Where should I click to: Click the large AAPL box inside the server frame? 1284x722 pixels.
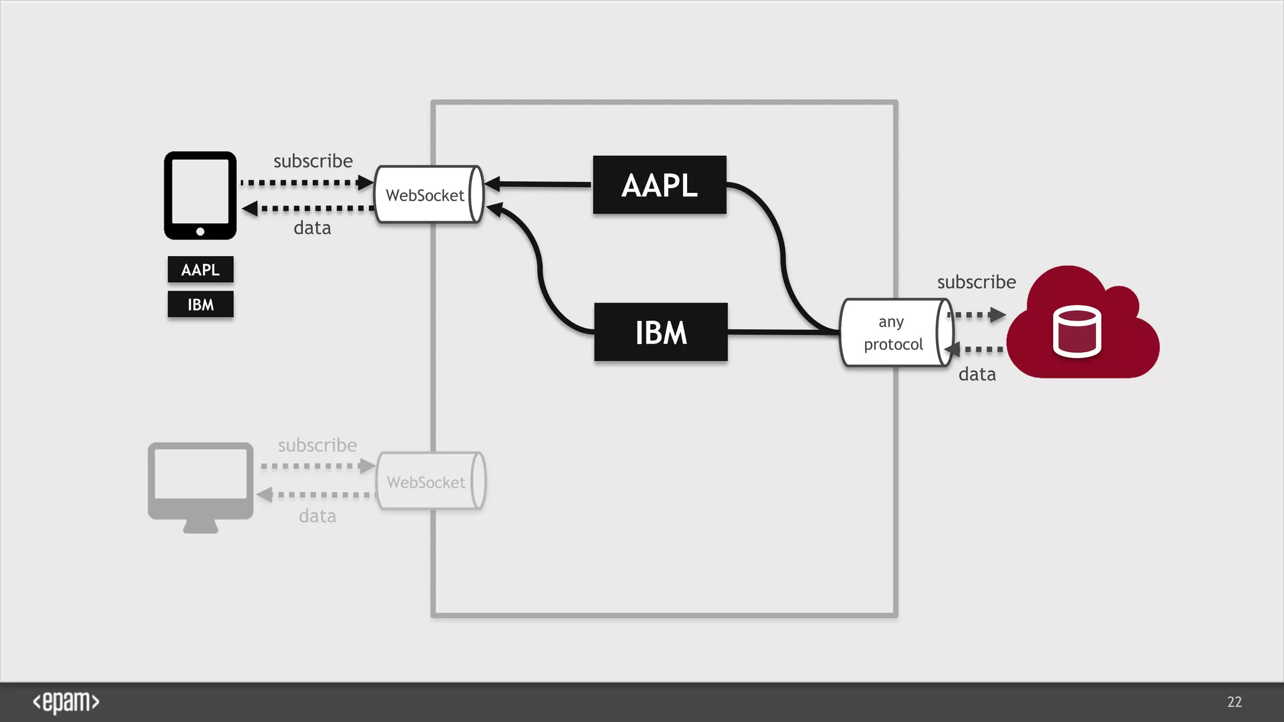point(660,185)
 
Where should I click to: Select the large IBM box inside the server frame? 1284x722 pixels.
point(661,332)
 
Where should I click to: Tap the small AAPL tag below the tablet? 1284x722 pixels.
point(201,269)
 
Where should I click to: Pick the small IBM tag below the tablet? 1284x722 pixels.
point(201,305)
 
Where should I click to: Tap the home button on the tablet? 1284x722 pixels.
point(200,231)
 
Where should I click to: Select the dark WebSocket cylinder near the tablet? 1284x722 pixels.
point(428,195)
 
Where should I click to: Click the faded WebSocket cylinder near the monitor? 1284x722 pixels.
point(429,481)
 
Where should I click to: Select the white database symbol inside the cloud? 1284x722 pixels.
point(1076,332)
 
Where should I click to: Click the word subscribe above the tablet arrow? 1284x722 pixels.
point(313,161)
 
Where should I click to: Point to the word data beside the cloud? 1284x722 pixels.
point(977,374)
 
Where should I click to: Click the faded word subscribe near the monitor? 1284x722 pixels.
point(317,445)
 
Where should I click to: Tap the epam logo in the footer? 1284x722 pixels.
point(66,702)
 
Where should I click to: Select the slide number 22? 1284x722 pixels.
point(1234,702)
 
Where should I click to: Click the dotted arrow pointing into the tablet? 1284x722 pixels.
point(307,208)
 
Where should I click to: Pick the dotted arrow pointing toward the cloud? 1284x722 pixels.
point(978,315)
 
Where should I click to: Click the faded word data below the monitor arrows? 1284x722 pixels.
point(317,516)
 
